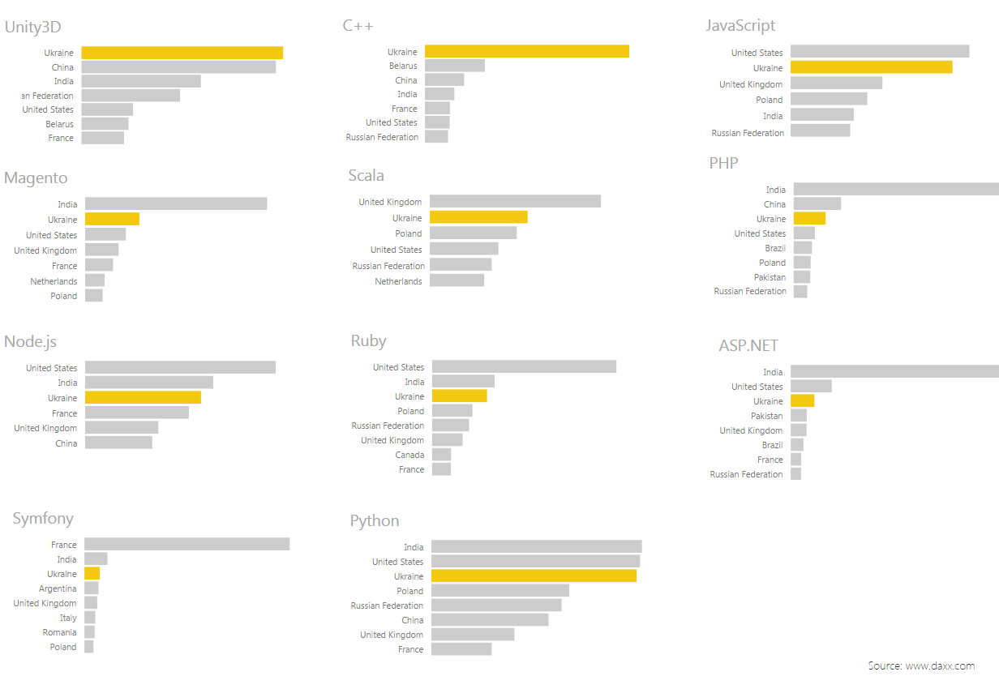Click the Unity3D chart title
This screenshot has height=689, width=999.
[x=32, y=27]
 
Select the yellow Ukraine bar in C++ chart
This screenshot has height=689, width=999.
[x=526, y=51]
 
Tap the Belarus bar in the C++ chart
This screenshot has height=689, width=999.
[x=454, y=66]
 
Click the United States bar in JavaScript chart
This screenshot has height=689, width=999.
[x=879, y=52]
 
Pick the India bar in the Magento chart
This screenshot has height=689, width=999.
[x=175, y=204]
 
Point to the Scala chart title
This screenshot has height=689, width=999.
[x=367, y=176]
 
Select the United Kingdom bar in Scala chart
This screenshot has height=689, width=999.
[x=515, y=201]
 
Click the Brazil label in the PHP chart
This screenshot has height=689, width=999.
[x=775, y=248]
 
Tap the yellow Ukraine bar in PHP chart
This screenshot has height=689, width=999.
[x=809, y=219]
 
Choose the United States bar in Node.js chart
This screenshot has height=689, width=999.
[x=180, y=368]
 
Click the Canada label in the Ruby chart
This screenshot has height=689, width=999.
[x=409, y=455]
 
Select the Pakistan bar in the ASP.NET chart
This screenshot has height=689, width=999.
[x=799, y=416]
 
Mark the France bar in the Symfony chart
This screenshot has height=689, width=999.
[x=187, y=545]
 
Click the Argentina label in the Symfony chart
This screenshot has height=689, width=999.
[x=58, y=588]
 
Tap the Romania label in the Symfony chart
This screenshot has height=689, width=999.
[x=59, y=632]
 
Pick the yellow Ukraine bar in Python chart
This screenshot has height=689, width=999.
[x=534, y=576]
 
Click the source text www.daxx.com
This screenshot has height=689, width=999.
[x=921, y=666]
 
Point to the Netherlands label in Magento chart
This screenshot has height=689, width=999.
[x=54, y=281]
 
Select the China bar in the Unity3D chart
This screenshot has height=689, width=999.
[x=178, y=67]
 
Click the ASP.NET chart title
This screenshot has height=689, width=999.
[x=748, y=346]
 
